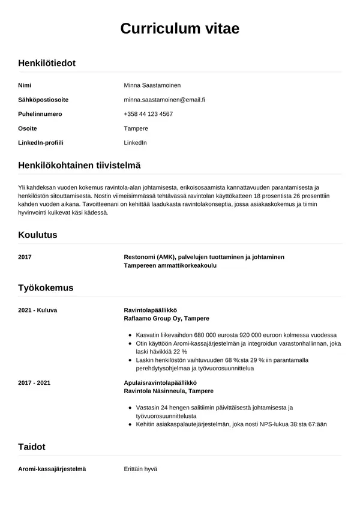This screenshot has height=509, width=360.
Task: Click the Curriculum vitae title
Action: tap(180, 28)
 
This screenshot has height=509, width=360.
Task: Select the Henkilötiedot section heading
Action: tap(47, 63)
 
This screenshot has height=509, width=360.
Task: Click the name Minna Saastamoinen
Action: tap(152, 85)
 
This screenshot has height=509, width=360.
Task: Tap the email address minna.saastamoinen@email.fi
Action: tap(164, 100)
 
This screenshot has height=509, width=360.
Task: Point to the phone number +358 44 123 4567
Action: tap(148, 114)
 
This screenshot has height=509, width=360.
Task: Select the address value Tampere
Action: tap(136, 128)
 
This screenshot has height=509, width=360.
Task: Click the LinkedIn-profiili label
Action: tap(41, 143)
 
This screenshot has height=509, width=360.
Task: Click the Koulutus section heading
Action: tap(38, 235)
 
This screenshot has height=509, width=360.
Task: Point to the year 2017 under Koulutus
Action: tap(25, 257)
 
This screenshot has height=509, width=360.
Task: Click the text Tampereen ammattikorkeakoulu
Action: tap(170, 265)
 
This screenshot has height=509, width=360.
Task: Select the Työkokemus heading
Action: tap(46, 288)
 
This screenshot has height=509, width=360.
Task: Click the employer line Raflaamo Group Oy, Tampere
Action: tap(166, 318)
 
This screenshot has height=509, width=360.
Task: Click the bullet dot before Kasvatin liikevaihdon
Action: tap(131, 335)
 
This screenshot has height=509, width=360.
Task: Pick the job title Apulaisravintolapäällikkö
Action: tap(160, 382)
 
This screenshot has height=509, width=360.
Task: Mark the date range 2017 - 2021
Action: tap(34, 382)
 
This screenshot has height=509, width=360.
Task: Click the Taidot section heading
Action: tap(32, 447)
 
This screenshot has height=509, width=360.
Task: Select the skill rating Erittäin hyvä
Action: tap(140, 469)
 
